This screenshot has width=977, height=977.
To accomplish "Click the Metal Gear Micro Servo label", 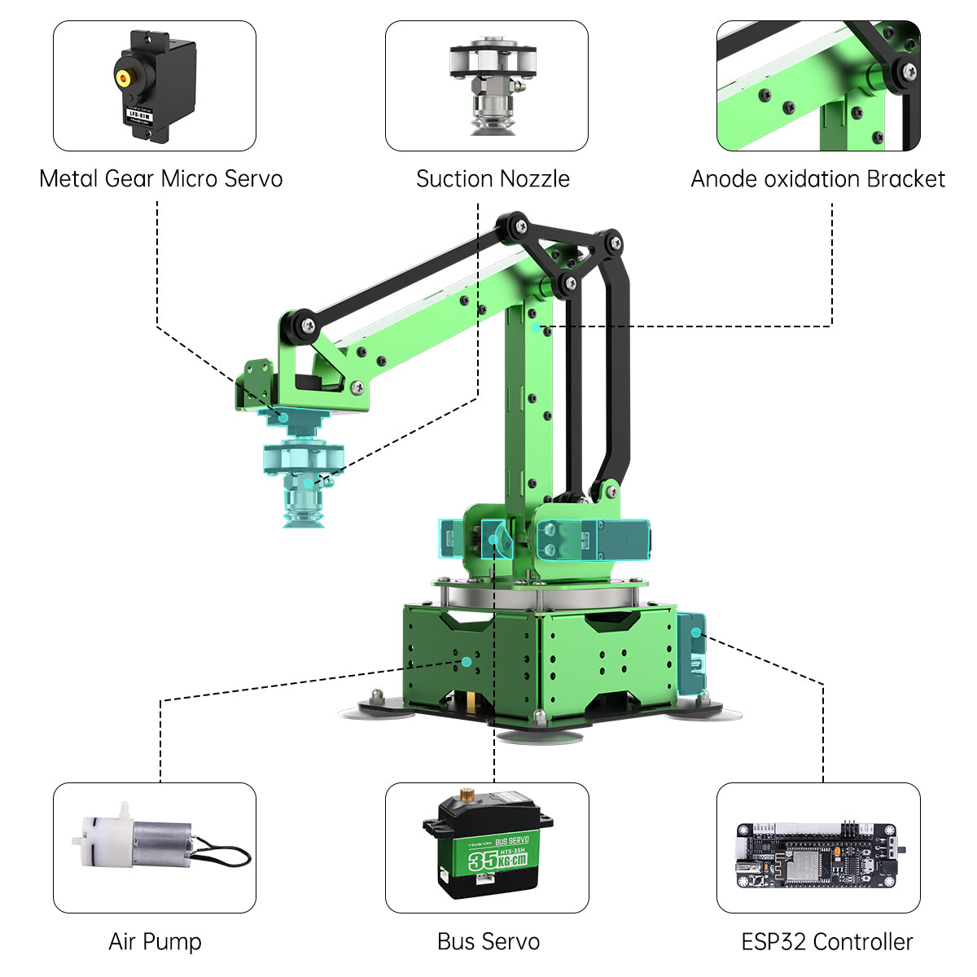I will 160,179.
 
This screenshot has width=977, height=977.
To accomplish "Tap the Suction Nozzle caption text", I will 493,179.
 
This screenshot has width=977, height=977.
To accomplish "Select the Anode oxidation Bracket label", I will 817,179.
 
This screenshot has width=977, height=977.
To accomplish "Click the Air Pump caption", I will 155,942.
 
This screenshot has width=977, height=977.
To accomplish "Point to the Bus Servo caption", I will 488,942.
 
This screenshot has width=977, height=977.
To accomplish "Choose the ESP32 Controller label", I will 826,942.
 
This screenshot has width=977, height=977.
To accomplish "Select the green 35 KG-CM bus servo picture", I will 486,847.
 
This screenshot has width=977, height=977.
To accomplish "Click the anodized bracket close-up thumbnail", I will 818,85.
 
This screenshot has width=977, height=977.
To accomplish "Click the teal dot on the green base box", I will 466,661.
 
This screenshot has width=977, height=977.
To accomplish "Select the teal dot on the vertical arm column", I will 536,326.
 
